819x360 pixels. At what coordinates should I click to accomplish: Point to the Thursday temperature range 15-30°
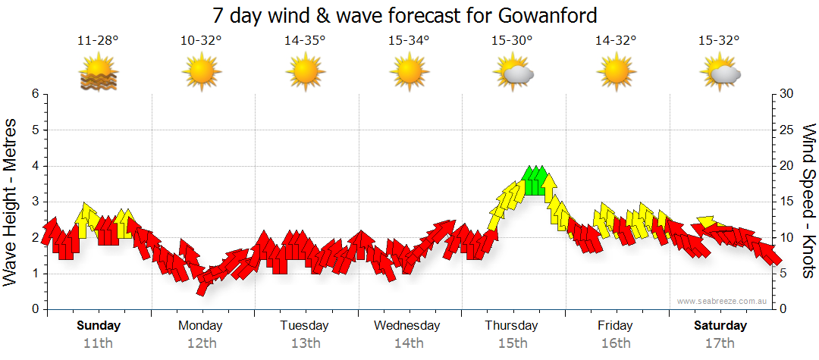512,40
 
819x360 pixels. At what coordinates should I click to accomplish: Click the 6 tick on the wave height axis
35,94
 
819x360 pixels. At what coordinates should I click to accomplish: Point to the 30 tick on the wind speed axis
786,94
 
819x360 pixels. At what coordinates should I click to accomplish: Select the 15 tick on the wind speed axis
786,202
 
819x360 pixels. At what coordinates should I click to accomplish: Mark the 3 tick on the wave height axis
35,202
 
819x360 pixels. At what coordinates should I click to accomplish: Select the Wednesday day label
407,326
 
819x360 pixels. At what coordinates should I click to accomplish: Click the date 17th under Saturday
720,343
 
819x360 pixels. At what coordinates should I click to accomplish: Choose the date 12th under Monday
201,343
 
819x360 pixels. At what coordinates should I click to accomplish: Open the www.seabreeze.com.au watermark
723,302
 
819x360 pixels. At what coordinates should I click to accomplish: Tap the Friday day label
615,326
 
